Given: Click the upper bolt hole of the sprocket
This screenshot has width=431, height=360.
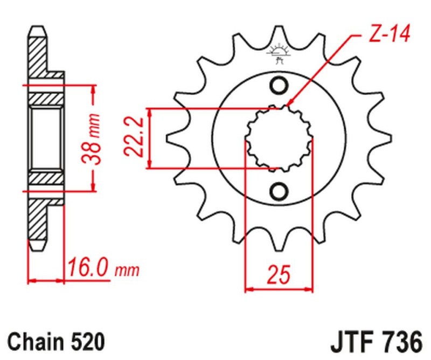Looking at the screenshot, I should pyautogui.click(x=279, y=85).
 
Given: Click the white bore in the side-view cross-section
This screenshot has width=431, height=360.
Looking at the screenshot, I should pyautogui.click(x=46, y=138).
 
